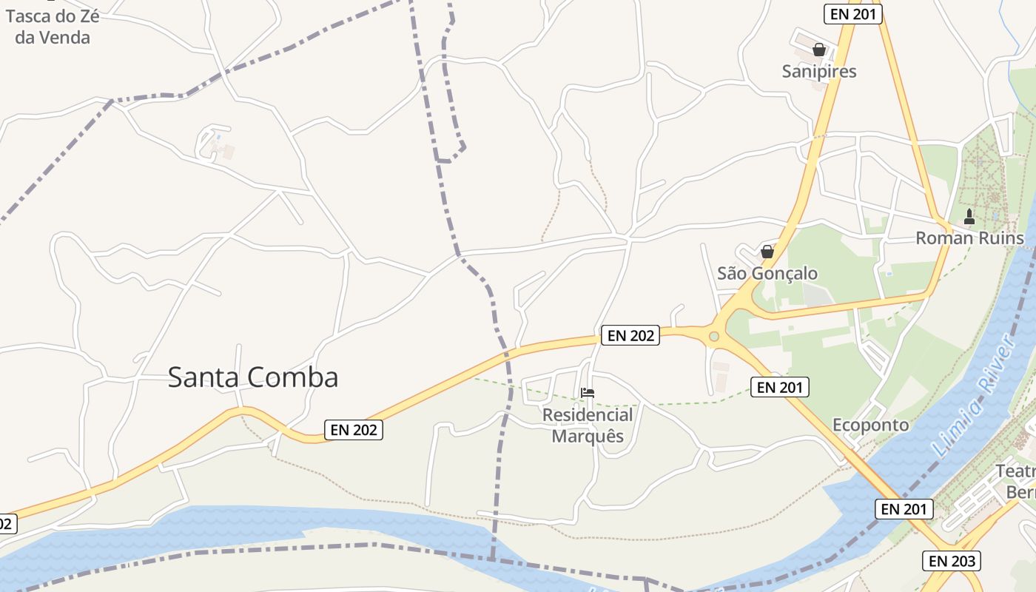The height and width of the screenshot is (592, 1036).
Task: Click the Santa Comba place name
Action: [x=253, y=377]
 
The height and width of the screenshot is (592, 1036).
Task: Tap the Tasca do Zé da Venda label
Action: [x=52, y=27]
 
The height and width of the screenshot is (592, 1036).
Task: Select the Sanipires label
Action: [x=819, y=71]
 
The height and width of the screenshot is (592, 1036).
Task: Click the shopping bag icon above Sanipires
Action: [x=819, y=50]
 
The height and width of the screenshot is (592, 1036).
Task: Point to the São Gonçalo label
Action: [x=767, y=273]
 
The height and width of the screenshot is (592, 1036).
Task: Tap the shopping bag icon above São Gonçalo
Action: [x=767, y=252]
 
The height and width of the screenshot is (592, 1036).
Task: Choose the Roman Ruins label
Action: [x=969, y=238]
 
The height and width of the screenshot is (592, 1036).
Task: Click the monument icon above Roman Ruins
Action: [x=969, y=217]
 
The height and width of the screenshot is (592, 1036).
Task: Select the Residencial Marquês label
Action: [x=588, y=425]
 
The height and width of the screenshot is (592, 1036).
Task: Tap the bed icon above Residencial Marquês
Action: [x=588, y=393]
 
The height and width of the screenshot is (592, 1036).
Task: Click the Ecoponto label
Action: [x=870, y=425]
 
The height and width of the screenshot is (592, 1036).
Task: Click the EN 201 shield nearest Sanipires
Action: [x=853, y=14]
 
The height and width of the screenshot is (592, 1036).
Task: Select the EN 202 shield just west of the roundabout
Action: [x=630, y=335]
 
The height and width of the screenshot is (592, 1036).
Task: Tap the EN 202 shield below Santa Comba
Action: [x=354, y=429]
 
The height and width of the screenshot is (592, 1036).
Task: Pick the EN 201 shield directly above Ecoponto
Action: [x=780, y=386]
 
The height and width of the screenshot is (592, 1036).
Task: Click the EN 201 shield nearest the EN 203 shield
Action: [x=904, y=509]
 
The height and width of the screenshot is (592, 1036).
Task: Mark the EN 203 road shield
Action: [x=952, y=561]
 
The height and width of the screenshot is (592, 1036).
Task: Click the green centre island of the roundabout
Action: [x=713, y=337]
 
